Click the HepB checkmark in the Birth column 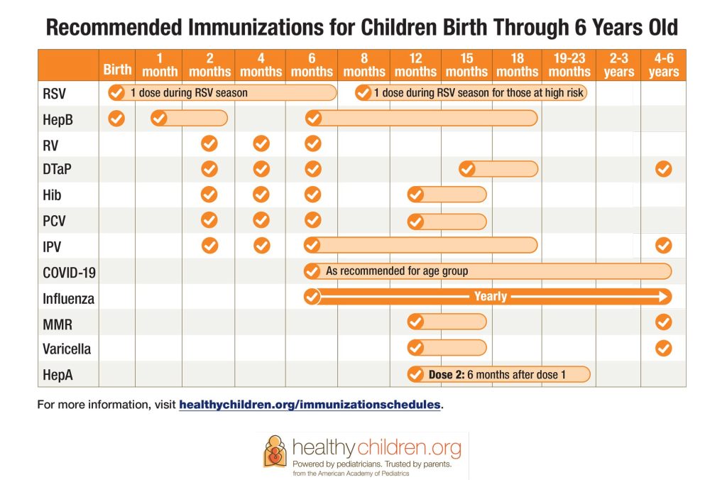pyautogui.click(x=116, y=119)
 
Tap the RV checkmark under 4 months pyautogui.click(x=261, y=144)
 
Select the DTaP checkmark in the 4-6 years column pyautogui.click(x=663, y=169)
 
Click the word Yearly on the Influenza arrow pyautogui.click(x=490, y=296)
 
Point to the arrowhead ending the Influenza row pyautogui.click(x=663, y=296)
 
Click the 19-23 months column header pyautogui.click(x=569, y=65)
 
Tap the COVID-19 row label pyautogui.click(x=70, y=272)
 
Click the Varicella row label pyautogui.click(x=66, y=349)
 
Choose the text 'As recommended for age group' pyautogui.click(x=397, y=271)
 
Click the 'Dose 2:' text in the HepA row pyautogui.click(x=446, y=374)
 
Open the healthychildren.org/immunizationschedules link pyautogui.click(x=310, y=405)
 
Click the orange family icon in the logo pyautogui.click(x=275, y=451)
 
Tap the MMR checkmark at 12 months pyautogui.click(x=415, y=322)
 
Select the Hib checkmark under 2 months pyautogui.click(x=209, y=195)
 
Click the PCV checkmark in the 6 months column pyautogui.click(x=312, y=220)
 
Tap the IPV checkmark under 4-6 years pyautogui.click(x=663, y=246)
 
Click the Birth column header pyautogui.click(x=117, y=70)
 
